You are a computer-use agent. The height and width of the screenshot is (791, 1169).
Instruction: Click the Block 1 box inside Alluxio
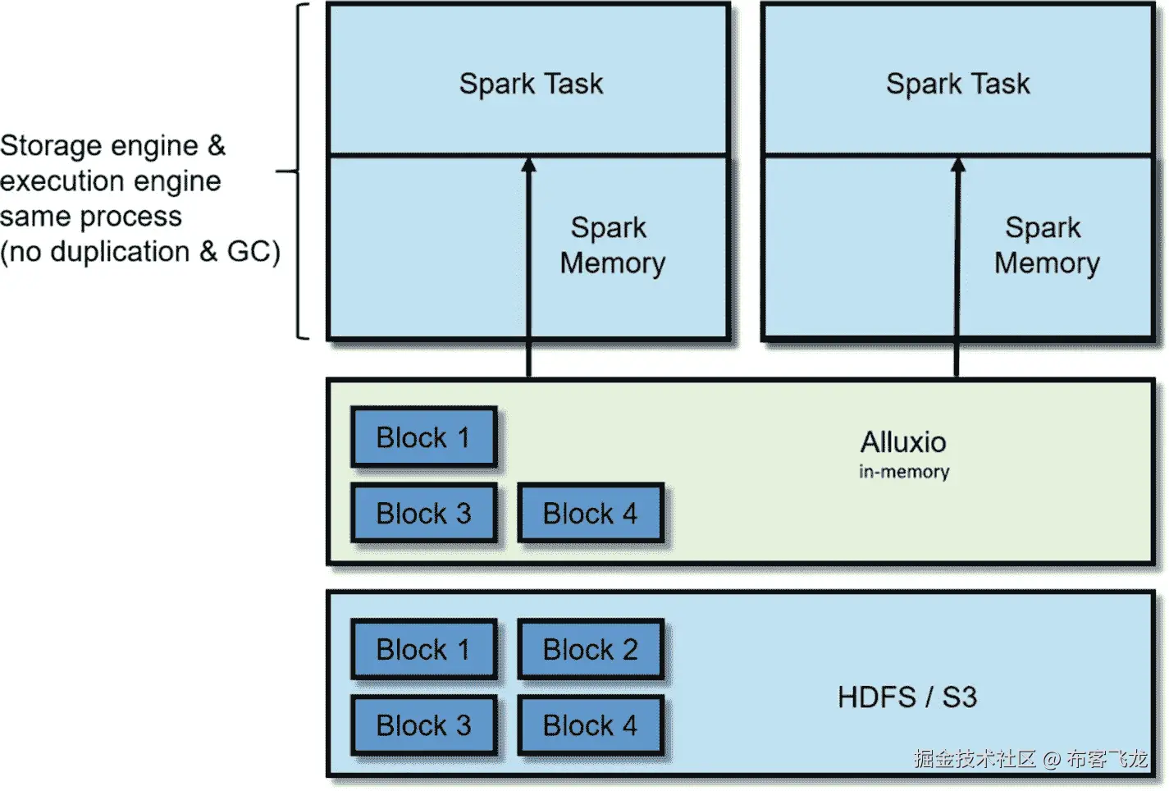pos(423,437)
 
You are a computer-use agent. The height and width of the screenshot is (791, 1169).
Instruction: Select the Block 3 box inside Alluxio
pos(423,514)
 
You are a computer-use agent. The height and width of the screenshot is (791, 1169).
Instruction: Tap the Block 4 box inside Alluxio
pos(590,514)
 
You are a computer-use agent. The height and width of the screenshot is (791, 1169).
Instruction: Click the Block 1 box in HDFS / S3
pos(423,649)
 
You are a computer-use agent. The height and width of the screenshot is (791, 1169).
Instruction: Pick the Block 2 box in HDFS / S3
pos(590,649)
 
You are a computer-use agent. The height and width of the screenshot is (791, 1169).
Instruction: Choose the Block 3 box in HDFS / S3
pos(423,725)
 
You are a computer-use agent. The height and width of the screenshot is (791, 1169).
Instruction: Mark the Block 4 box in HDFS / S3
pos(590,725)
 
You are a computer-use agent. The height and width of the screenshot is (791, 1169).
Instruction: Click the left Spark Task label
pos(531,84)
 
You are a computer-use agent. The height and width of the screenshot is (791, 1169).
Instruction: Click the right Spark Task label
pos(957,84)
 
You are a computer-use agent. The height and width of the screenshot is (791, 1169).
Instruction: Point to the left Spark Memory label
pos(612,245)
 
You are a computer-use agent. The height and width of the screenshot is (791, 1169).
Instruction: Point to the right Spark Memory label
pos(1046,245)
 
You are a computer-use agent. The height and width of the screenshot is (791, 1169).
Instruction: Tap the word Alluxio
pos(903,442)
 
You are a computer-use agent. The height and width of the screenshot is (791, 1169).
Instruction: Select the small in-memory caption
pos(904,472)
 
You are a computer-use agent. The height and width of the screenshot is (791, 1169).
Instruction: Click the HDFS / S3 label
pos(907,697)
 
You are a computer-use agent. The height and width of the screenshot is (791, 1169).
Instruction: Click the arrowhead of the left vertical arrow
pos(529,165)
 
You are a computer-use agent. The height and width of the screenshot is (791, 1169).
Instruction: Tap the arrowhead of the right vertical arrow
pos(958,165)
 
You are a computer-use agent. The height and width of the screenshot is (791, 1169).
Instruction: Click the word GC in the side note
pos(248,252)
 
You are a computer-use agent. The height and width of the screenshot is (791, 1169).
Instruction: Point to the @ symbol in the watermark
pos(1052,759)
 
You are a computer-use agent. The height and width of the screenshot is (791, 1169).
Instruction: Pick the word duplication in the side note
pos(120,252)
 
